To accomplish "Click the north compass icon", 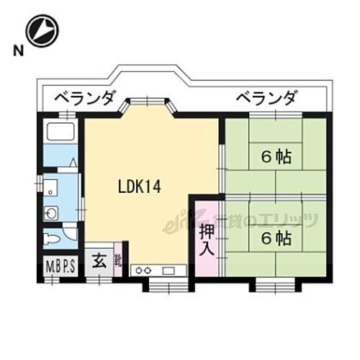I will pyautogui.click(x=42, y=30).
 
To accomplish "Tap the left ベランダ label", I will pyautogui.click(x=81, y=97).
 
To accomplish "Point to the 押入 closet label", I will pyautogui.click(x=207, y=240).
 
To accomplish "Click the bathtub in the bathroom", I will pyautogui.click(x=59, y=132).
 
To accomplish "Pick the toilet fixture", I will pyautogui.click(x=52, y=236).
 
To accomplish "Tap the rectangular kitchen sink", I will pyautogui.click(x=171, y=270).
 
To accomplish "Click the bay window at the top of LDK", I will pyautogui.click(x=147, y=108).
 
